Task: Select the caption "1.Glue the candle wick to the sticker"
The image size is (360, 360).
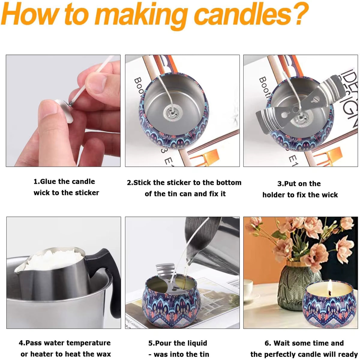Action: tap(66, 187)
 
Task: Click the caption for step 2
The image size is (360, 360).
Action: tap(184, 188)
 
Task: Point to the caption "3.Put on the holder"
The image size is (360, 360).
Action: tap(300, 189)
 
